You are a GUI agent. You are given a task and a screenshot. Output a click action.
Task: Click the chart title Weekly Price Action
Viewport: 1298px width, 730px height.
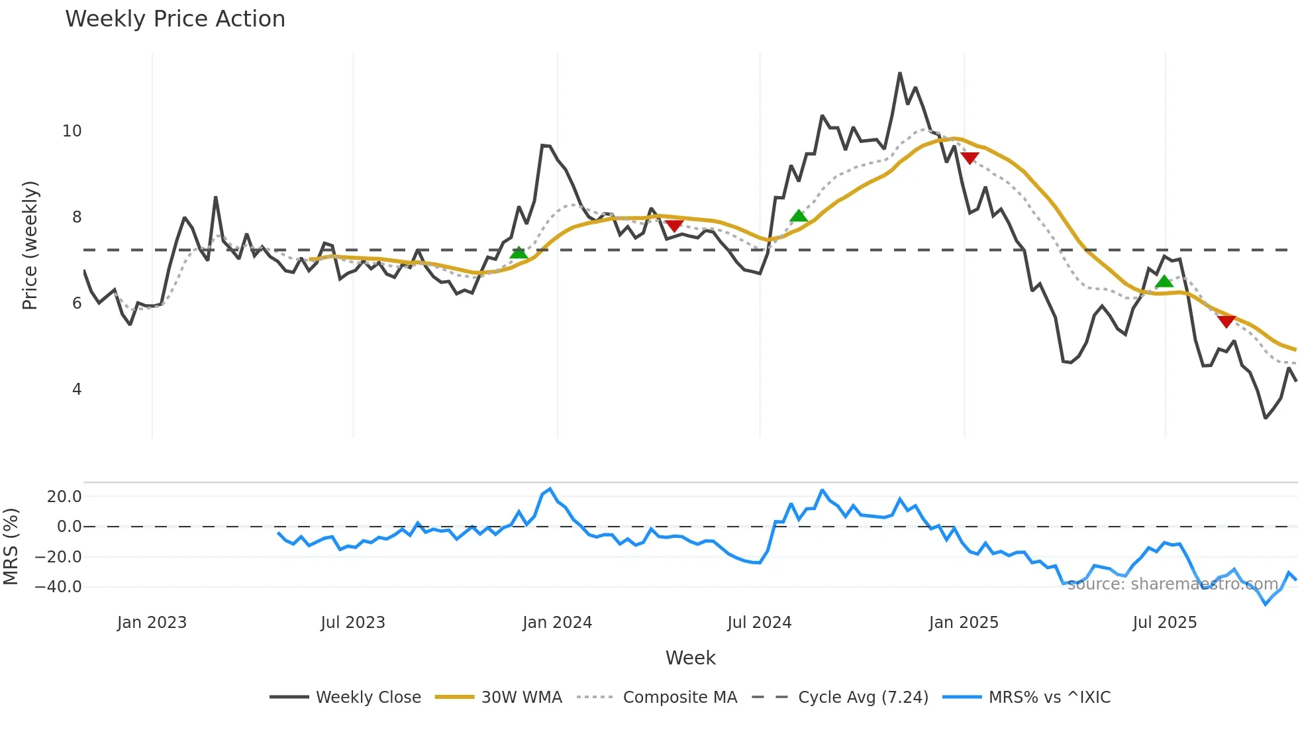coord(175,19)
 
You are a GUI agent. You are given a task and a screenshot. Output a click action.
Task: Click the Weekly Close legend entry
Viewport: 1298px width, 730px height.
coord(368,698)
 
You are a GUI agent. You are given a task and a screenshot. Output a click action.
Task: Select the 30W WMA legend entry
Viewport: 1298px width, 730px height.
coord(521,698)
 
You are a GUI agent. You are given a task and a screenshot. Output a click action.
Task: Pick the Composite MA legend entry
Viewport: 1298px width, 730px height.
coord(679,698)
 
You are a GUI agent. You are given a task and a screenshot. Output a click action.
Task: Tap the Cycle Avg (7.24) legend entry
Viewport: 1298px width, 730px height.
coord(863,698)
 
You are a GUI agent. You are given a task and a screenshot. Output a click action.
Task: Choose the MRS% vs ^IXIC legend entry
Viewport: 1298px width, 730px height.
coord(1049,698)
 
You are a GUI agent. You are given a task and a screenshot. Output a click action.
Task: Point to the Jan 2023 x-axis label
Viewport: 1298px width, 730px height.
coord(152,623)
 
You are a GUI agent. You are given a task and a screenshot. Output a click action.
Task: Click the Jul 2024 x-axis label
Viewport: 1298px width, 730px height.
coord(759,623)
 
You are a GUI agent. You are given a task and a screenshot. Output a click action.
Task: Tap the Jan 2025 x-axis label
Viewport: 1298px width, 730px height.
coord(964,623)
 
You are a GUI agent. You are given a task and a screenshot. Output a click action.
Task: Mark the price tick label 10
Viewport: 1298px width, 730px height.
coord(72,131)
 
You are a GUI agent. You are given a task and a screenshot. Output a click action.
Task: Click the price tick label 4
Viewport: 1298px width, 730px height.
coord(77,390)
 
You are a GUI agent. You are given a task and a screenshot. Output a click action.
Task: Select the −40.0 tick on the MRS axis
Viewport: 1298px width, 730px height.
coord(58,587)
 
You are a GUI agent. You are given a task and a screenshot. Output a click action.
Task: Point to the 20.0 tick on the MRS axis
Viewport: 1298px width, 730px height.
coord(64,497)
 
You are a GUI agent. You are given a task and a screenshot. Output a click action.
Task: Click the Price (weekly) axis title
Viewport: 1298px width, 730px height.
coord(30,245)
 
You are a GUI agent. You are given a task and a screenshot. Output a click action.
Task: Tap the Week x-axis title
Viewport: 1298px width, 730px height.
coord(690,658)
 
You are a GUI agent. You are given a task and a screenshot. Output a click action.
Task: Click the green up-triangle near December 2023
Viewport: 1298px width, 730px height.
coord(519,252)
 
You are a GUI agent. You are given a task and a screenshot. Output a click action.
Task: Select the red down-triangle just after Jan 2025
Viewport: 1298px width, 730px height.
coord(970,158)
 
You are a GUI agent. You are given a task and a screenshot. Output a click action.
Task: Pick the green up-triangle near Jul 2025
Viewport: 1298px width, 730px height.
coord(1164,282)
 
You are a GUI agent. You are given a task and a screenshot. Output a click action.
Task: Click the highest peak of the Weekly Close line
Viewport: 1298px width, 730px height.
coord(900,73)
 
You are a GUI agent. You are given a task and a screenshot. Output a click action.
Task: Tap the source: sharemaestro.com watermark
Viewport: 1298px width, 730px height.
coord(1172,584)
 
